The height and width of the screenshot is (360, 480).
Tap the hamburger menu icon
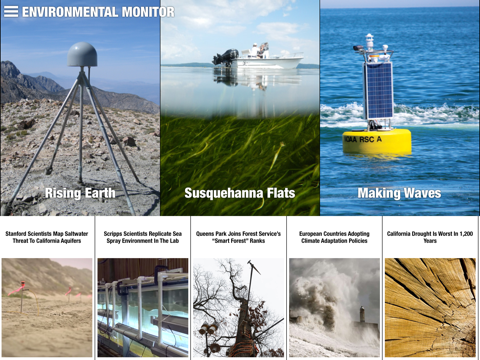pyautogui.click(x=11, y=12)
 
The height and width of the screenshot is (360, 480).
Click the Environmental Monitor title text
pyautogui.click(x=98, y=12)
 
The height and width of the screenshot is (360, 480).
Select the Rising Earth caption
pyautogui.click(x=79, y=193)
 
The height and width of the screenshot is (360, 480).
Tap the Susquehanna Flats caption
pyautogui.click(x=239, y=193)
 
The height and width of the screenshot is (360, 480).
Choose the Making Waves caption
pyautogui.click(x=399, y=193)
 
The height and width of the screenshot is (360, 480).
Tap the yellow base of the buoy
pyautogui.click(x=377, y=141)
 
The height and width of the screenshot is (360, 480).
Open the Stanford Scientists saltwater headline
pyautogui.click(x=48, y=238)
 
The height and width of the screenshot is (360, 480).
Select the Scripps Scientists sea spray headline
pyautogui.click(x=143, y=238)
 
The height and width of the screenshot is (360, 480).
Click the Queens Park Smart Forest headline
pyautogui.click(x=239, y=238)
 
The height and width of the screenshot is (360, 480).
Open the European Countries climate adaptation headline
pyautogui.click(x=335, y=238)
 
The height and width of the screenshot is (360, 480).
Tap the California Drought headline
pyautogui.click(x=431, y=238)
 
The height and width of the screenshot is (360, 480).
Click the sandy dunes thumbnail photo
pyautogui.click(x=48, y=308)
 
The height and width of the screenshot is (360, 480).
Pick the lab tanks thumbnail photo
pyautogui.click(x=143, y=308)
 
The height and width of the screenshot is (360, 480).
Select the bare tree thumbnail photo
pyautogui.click(x=239, y=308)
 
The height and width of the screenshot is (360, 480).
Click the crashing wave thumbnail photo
pyautogui.click(x=335, y=308)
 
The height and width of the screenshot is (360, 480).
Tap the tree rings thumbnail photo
pyautogui.click(x=431, y=308)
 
